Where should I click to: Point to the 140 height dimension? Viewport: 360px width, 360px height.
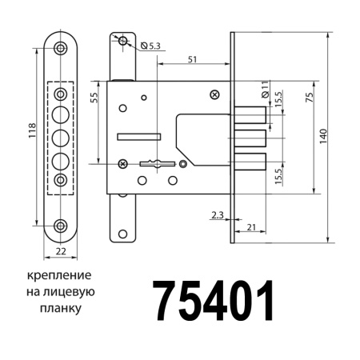pos(322,136)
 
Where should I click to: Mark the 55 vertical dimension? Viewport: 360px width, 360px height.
pos(94,99)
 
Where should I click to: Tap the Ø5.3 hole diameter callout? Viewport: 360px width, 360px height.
pos(152,47)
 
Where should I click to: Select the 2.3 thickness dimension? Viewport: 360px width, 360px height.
pos(218,215)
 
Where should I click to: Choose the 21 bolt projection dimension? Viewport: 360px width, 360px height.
pos(250,229)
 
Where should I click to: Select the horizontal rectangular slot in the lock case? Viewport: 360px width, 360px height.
pos(133,137)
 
